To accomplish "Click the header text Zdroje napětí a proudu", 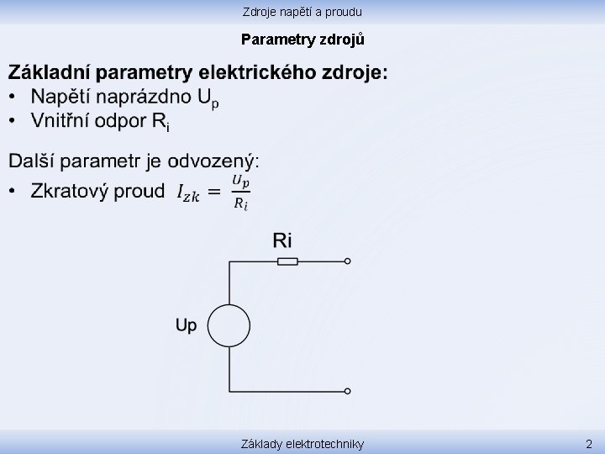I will tap(302, 12).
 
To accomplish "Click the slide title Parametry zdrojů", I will tap(302, 39).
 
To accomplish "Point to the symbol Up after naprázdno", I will tap(208, 99).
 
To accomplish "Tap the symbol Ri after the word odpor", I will tap(161, 123).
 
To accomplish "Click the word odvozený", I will tap(213, 161).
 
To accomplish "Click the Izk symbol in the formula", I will tap(188, 193).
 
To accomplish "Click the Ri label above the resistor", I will tap(282, 240).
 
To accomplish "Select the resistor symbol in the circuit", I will tap(287, 261).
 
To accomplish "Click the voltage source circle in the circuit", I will tap(229, 325).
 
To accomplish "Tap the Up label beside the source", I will tap(186, 325).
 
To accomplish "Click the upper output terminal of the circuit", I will tap(348, 261).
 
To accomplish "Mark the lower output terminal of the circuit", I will tap(348, 391).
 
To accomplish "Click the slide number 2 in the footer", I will tap(589, 443).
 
